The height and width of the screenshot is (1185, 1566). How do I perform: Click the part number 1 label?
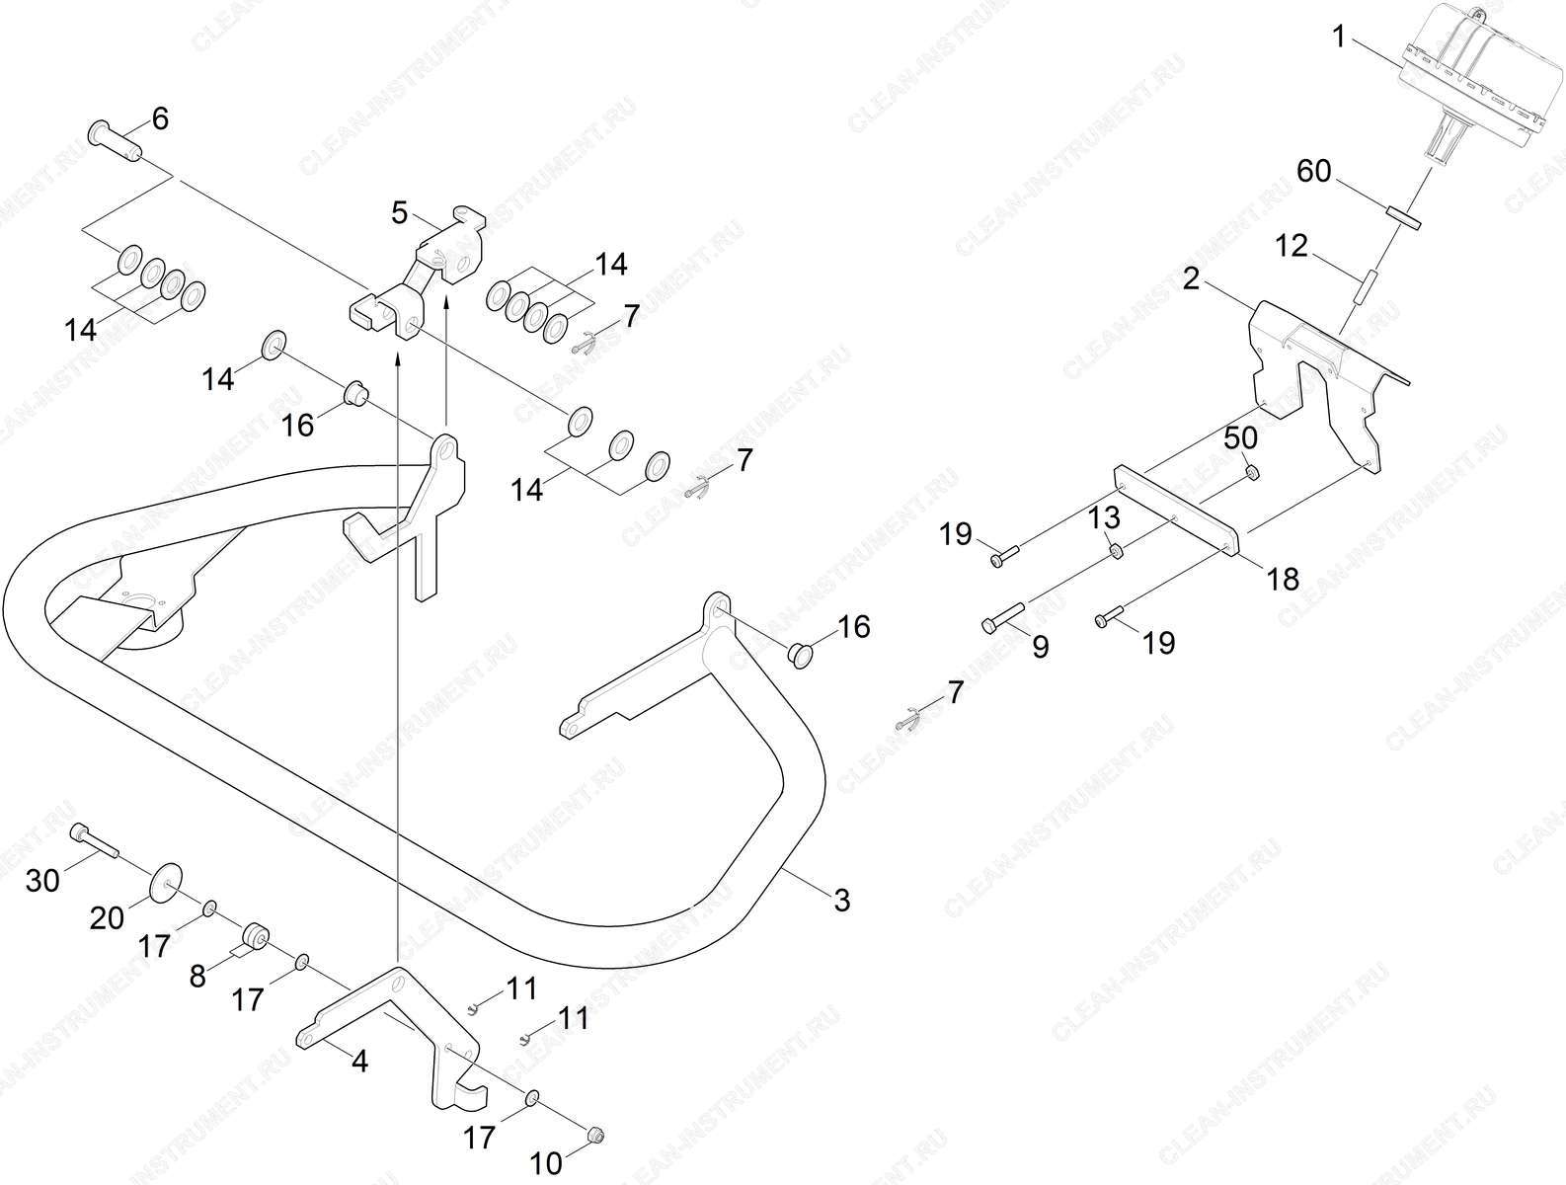[1339, 38]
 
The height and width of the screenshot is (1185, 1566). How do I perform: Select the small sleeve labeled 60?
[1403, 217]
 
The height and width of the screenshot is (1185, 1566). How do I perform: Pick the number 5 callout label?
[400, 212]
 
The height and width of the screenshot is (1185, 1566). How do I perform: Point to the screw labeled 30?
[95, 841]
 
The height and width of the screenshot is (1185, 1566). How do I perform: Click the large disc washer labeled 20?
[166, 883]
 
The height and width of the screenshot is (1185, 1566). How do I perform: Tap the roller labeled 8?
[254, 938]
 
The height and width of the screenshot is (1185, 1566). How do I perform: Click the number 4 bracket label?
[360, 1061]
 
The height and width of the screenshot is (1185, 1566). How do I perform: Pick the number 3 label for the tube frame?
[842, 901]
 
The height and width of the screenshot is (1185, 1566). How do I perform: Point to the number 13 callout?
[1104, 517]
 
